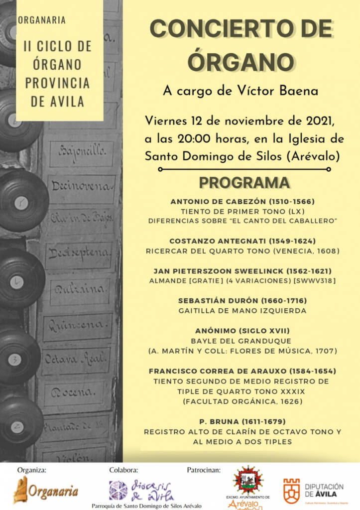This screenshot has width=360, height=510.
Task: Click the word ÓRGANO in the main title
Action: pos(241,61)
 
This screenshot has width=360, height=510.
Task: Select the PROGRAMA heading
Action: pos(244,183)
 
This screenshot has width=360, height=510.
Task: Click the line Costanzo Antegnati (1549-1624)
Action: pos(242,241)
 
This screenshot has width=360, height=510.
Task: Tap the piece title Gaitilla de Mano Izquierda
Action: pos(242,310)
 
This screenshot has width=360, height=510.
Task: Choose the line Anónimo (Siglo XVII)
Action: pos(242,331)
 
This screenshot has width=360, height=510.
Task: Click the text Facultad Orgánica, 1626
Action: pos(242,401)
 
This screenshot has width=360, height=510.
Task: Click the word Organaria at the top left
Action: pos(42,20)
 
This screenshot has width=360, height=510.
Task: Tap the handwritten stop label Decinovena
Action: pos(80,186)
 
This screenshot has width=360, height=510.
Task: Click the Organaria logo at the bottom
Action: pos(45,490)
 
